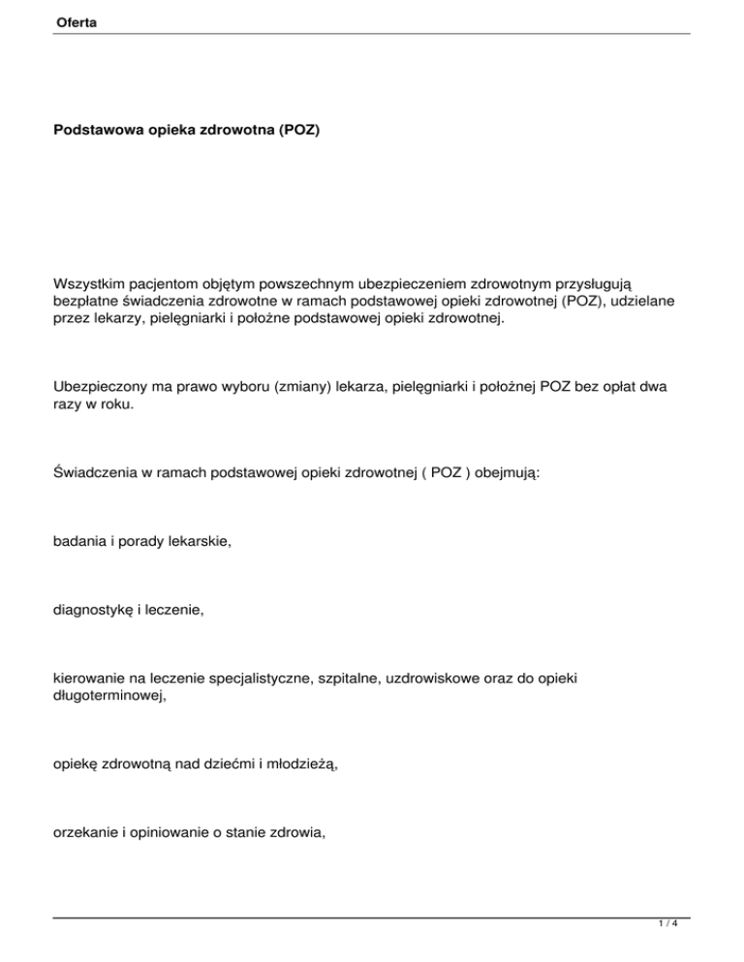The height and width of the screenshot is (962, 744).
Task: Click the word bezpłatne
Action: pyautogui.click(x=90, y=303)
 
